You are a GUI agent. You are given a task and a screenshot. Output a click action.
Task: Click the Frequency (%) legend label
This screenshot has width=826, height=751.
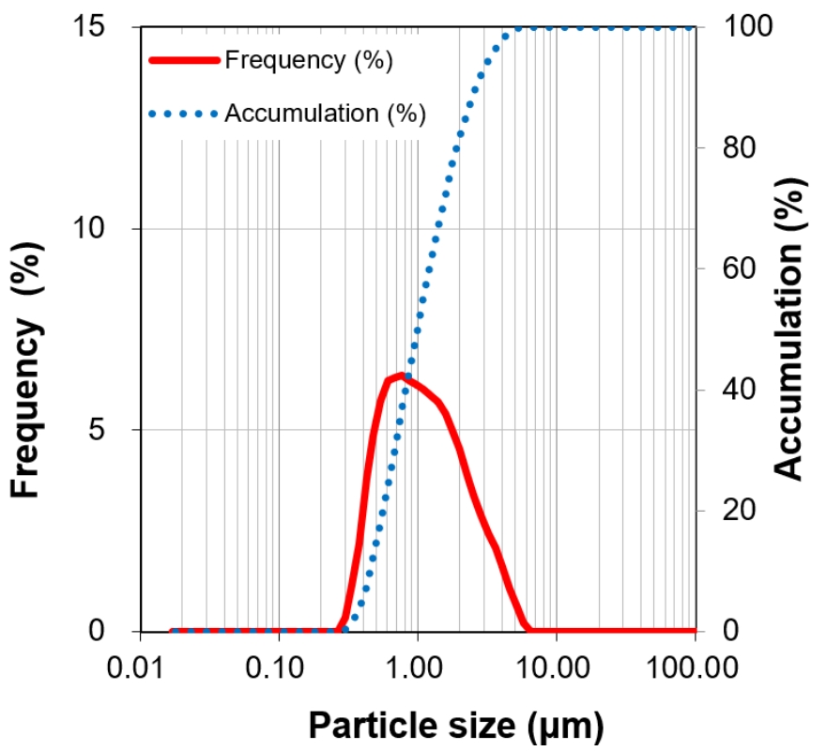coord(308,61)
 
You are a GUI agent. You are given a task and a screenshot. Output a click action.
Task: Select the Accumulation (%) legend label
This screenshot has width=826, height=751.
coord(325,115)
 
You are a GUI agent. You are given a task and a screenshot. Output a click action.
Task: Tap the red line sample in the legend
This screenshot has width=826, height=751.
coord(184,61)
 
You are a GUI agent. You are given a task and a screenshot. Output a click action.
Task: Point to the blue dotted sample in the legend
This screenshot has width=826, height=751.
coord(184,115)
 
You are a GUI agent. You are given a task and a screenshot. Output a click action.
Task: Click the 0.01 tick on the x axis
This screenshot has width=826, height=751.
coord(140,668)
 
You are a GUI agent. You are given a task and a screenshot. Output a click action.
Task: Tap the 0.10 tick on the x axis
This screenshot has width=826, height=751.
coord(279,668)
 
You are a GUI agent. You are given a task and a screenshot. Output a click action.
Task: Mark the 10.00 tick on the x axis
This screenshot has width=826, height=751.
coord(556,668)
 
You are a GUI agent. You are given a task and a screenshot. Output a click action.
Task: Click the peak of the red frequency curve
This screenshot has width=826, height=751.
coord(402,375)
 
